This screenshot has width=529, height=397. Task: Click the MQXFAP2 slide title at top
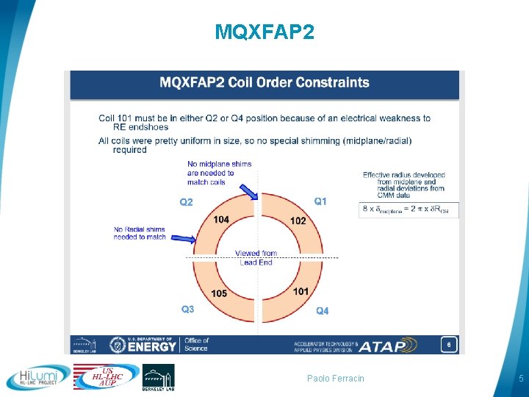[264, 32]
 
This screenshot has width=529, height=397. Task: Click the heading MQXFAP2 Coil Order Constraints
[264, 82]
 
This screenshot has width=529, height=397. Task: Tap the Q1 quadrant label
[321, 201]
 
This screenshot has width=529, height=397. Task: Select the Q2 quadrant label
[187, 202]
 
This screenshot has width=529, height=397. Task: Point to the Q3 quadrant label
[188, 310]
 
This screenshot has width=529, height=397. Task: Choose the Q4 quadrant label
[323, 311]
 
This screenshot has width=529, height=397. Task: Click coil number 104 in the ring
[221, 219]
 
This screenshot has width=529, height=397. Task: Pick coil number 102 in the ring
[298, 221]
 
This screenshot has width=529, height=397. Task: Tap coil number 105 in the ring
[219, 294]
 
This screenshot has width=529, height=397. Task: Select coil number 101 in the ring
[301, 292]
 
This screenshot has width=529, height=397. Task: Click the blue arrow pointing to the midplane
[248, 191]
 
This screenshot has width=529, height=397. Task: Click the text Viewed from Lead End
[256, 257]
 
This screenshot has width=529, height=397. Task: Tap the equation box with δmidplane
[409, 210]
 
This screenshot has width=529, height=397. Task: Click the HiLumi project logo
[38, 378]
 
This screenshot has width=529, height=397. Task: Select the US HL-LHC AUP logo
[107, 377]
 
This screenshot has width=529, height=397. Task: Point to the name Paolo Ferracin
[336, 379]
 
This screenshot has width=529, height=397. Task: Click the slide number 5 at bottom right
[519, 379]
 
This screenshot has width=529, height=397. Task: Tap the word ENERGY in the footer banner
[154, 346]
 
